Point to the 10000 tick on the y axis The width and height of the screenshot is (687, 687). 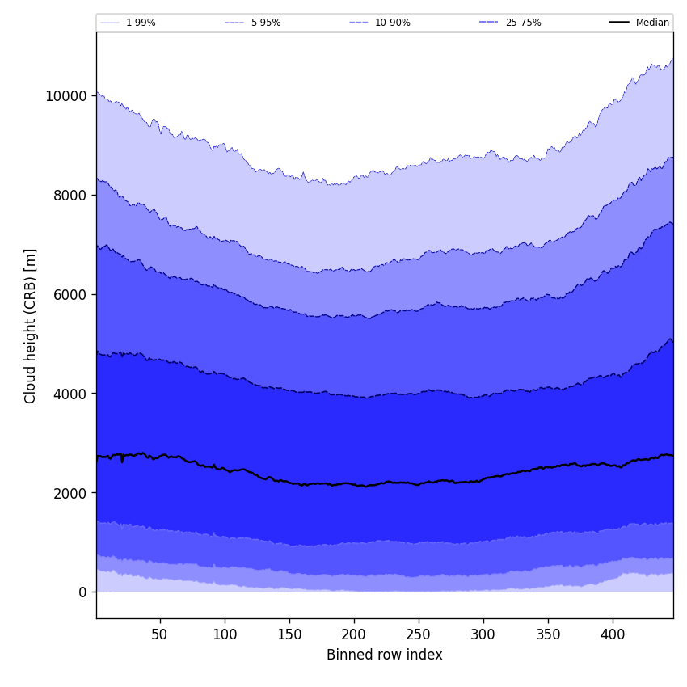coord(65,96)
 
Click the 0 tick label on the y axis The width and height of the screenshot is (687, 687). coord(82,592)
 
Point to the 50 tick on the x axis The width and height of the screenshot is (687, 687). coord(159,634)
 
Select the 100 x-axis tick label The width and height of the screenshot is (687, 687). coord(225,634)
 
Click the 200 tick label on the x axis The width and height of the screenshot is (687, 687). coord(354,634)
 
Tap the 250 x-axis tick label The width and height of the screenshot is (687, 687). coord(419,634)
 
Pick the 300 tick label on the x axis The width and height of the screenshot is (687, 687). coord(483,634)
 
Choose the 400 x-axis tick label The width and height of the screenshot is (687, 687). coord(613,634)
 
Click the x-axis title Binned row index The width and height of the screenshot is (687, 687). coord(385,655)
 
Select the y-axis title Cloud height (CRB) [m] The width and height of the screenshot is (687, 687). coord(31,326)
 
